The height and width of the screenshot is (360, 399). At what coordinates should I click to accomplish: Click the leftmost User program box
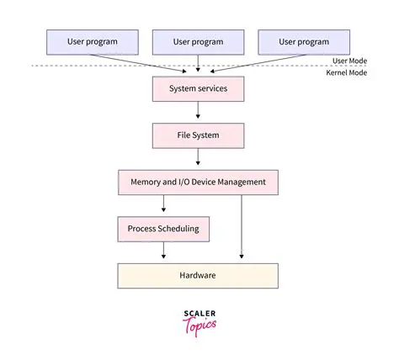(x=92, y=41)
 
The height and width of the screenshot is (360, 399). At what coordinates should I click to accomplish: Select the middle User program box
(x=198, y=41)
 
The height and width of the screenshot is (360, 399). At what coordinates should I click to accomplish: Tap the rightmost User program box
(x=304, y=41)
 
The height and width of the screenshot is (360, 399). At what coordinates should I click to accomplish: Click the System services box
(x=198, y=88)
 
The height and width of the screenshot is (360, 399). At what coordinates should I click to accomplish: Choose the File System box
(x=198, y=135)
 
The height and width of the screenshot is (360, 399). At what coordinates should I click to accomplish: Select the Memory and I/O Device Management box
(x=198, y=181)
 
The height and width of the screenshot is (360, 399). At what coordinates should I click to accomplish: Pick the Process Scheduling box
(x=163, y=228)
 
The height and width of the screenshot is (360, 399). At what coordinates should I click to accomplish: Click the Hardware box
(x=198, y=274)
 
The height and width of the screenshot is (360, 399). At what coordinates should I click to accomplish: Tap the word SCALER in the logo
(x=199, y=313)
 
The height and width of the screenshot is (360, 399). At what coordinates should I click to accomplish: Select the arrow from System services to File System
(x=198, y=111)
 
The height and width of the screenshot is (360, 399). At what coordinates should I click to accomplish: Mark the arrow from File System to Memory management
(x=198, y=157)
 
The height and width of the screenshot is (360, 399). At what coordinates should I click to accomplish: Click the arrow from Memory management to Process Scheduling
(x=163, y=204)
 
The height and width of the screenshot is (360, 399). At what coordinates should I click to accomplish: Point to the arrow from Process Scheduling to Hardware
(x=163, y=251)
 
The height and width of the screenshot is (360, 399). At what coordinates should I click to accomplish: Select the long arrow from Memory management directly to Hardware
(x=242, y=227)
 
